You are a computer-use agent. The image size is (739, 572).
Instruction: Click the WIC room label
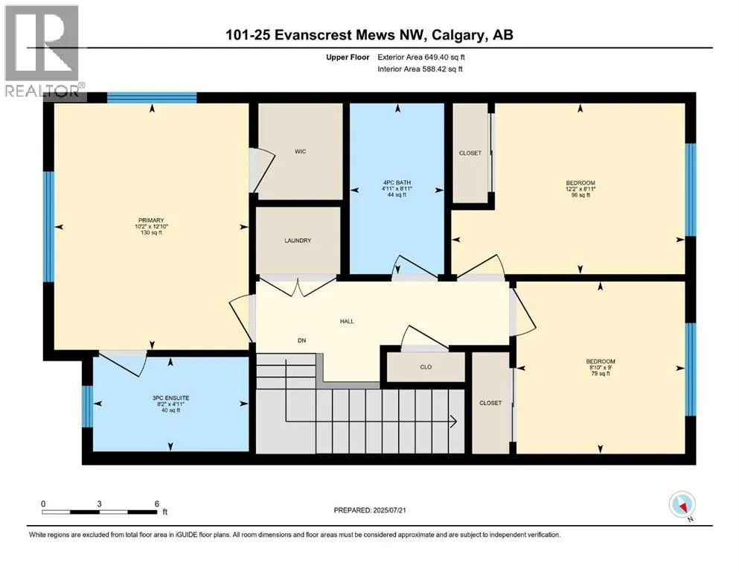coord(300,151)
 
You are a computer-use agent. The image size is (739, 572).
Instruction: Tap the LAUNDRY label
coord(298,241)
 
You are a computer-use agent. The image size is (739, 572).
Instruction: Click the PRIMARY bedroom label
coord(151,220)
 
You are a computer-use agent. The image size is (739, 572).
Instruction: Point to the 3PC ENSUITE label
coord(170,398)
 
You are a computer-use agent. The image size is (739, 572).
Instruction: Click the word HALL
coord(347,321)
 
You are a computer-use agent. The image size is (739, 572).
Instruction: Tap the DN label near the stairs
coord(301,340)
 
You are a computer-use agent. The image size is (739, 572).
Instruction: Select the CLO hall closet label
coord(426,367)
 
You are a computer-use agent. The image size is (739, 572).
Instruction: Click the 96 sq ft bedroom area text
coord(580,194)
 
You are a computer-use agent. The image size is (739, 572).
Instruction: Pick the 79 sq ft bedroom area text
coord(601,373)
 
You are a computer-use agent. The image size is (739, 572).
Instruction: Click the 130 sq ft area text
coord(151,232)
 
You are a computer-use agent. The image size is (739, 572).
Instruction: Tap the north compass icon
coord(682,505)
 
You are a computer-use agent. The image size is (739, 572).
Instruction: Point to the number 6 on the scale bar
coord(157,503)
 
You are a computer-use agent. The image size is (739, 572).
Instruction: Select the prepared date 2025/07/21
coord(389,510)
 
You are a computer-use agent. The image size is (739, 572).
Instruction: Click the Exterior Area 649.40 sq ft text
coord(421,57)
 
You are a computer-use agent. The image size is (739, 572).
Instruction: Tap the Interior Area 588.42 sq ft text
coord(420,69)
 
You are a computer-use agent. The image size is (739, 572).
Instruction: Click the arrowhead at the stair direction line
coord(454,422)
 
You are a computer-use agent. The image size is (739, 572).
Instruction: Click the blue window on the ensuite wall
coord(88,407)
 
